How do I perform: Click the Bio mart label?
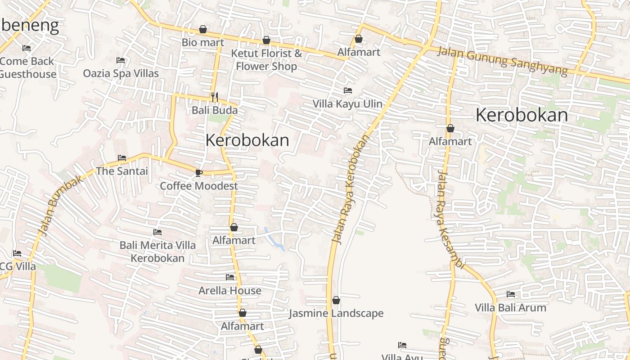(x=203, y=43)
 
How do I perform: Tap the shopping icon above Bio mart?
(x=203, y=30)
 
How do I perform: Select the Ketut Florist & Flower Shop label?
(x=266, y=60)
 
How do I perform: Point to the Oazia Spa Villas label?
(x=121, y=73)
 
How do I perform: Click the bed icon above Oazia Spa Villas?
(x=121, y=60)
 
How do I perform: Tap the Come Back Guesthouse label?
(x=27, y=67)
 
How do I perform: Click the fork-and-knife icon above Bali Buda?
(x=215, y=96)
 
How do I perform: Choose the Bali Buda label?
(x=215, y=110)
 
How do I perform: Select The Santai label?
(x=121, y=171)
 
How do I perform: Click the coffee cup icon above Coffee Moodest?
(x=199, y=173)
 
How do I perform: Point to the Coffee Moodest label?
(x=199, y=186)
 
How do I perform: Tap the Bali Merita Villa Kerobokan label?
(x=157, y=252)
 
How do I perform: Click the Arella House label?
(x=230, y=290)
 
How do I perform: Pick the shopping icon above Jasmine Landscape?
(x=336, y=300)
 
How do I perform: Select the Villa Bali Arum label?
(x=510, y=308)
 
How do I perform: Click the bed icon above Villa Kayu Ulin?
(x=347, y=90)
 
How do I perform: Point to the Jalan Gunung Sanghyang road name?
(x=502, y=61)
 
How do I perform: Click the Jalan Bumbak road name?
(x=61, y=205)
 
